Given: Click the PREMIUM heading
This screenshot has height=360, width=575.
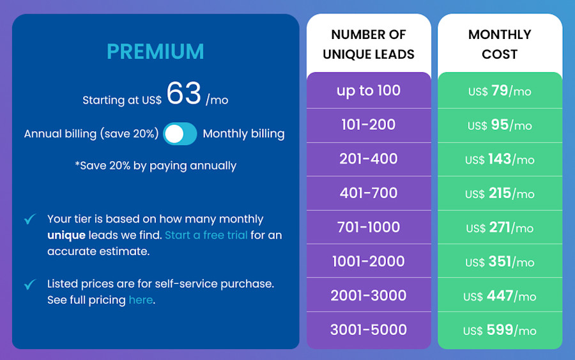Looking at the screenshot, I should [x=155, y=51].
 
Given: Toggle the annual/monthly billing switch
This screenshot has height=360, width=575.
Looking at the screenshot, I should [x=180, y=134].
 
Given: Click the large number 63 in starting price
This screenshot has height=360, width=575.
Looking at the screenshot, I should [x=184, y=94].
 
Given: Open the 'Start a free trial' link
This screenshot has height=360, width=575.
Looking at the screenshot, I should [x=206, y=235].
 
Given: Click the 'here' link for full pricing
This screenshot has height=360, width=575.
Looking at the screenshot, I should [x=141, y=300].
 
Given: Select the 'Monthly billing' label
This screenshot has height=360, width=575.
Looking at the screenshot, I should [x=243, y=134].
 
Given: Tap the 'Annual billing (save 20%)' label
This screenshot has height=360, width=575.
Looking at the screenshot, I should [x=91, y=134].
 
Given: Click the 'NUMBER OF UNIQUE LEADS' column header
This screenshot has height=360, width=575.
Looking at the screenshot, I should [x=369, y=44].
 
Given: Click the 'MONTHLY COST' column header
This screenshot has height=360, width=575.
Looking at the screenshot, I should [x=500, y=44].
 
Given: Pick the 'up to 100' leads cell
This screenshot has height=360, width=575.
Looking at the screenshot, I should [x=369, y=91].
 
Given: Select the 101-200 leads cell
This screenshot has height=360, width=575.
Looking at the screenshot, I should [x=369, y=125].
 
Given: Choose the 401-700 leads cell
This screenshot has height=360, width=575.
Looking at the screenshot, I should [x=369, y=193].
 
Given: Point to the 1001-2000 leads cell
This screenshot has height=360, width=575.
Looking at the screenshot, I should [x=369, y=262].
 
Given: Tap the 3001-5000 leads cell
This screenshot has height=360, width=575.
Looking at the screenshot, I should [x=369, y=330].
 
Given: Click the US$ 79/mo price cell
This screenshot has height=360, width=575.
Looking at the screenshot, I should [x=500, y=91].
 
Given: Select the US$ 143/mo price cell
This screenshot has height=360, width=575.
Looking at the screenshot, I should [x=500, y=159].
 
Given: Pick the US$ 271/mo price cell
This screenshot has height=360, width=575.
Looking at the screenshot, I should [x=500, y=228].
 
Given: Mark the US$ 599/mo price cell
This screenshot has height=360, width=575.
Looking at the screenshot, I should [x=500, y=331].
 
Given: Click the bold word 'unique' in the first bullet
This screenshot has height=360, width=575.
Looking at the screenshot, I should [x=66, y=235].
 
